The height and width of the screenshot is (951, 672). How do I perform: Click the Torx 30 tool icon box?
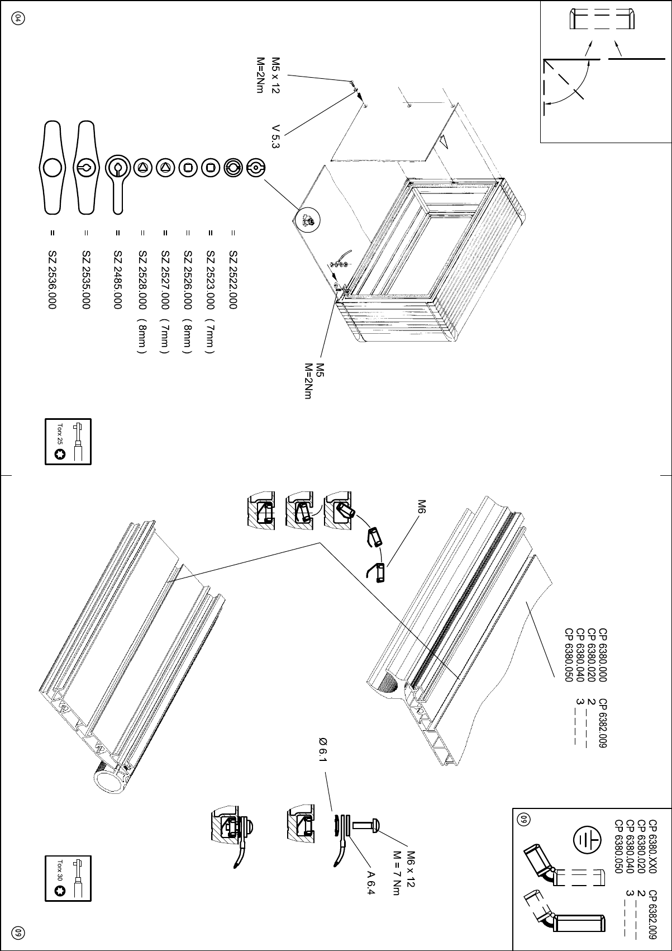[x=68, y=878]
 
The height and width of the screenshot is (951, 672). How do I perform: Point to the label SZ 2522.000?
[x=233, y=280]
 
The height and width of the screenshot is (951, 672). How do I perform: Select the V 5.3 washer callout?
[x=275, y=136]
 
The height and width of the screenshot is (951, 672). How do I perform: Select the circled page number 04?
[x=18, y=18]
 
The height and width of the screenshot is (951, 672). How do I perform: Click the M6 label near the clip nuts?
[x=422, y=508]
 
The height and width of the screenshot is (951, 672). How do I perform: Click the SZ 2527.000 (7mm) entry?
[x=165, y=302]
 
